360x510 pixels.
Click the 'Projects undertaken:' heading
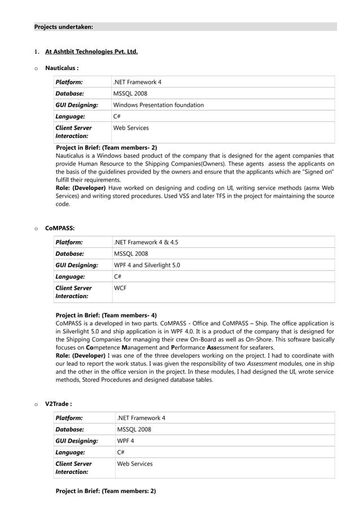[64, 27]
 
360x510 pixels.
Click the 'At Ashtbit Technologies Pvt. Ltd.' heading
[91, 52]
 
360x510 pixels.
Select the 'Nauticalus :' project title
[62, 68]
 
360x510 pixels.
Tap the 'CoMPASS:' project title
[60, 229]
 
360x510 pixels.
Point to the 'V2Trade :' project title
[58, 404]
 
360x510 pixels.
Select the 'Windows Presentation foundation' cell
[159, 105]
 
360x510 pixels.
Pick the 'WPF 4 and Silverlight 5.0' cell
[147, 265]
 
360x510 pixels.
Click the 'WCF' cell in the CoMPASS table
[120, 288]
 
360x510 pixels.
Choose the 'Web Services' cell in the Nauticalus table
[131, 128]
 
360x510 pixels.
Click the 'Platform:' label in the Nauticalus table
[69, 82]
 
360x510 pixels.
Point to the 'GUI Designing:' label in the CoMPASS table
[76, 265]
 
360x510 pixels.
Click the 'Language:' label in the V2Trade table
[70, 452]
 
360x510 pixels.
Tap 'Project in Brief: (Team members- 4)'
[106, 315]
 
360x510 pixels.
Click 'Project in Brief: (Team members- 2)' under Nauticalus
[106, 147]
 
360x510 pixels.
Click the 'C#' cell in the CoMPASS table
[118, 277]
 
